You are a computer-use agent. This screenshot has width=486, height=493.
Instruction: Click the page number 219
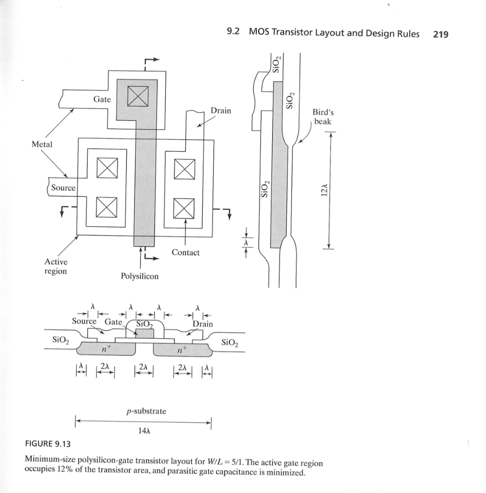[441, 34]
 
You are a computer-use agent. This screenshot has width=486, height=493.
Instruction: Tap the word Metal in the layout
[41, 144]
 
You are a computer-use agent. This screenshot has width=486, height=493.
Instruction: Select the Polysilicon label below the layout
[139, 276]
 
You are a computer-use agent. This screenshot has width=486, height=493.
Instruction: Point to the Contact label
[185, 252]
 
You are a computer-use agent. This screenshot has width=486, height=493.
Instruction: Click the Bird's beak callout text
[323, 117]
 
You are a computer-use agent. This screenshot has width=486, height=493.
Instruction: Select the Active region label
[56, 266]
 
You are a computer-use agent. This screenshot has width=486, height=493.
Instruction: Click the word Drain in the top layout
[221, 111]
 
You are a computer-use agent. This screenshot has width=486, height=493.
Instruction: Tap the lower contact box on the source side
[106, 208]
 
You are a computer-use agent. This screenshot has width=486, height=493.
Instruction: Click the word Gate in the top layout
[102, 99]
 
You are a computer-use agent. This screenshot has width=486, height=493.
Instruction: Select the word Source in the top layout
[63, 188]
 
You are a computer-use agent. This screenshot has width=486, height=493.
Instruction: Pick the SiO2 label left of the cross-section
[61, 341]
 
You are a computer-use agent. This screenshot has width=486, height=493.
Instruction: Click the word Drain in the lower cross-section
[202, 324]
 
